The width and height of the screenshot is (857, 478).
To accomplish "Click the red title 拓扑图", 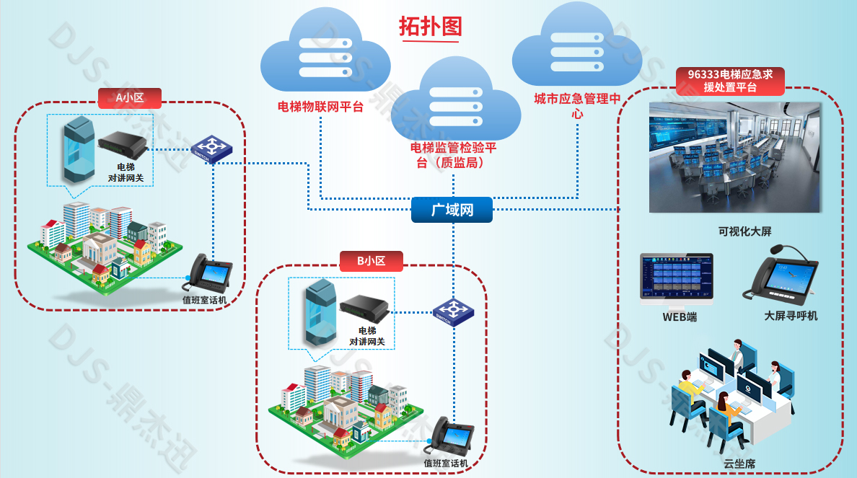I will pos(431,26).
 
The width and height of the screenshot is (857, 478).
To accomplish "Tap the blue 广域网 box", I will pos(452,211).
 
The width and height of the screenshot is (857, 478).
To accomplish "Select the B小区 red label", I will pos(371,261).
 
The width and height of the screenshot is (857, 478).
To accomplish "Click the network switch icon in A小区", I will pos(213,150).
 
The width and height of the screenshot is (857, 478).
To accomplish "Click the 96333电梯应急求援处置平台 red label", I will pos(730,81).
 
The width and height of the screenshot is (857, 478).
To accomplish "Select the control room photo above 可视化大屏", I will pos(734,157).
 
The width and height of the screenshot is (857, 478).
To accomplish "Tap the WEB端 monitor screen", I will pos(676,275).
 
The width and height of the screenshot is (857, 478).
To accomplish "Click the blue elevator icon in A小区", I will pos(79,150).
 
